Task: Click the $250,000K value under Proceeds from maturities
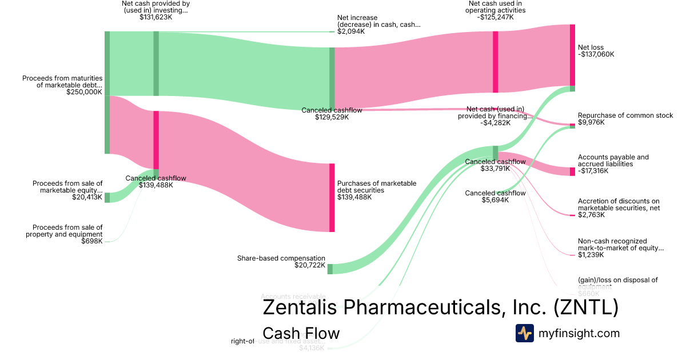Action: coord(84,91)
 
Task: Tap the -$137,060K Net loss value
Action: coord(596,55)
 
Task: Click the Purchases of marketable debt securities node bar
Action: coord(332,197)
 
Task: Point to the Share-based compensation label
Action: coord(281,258)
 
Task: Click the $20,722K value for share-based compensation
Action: coord(310,265)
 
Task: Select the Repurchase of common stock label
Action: coord(625,115)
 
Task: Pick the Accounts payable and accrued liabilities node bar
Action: coord(572,171)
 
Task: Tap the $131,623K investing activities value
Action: coord(155,17)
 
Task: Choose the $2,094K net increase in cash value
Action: coord(351,31)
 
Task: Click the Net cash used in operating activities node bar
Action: coord(495,62)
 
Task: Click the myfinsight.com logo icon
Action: coord(524,333)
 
